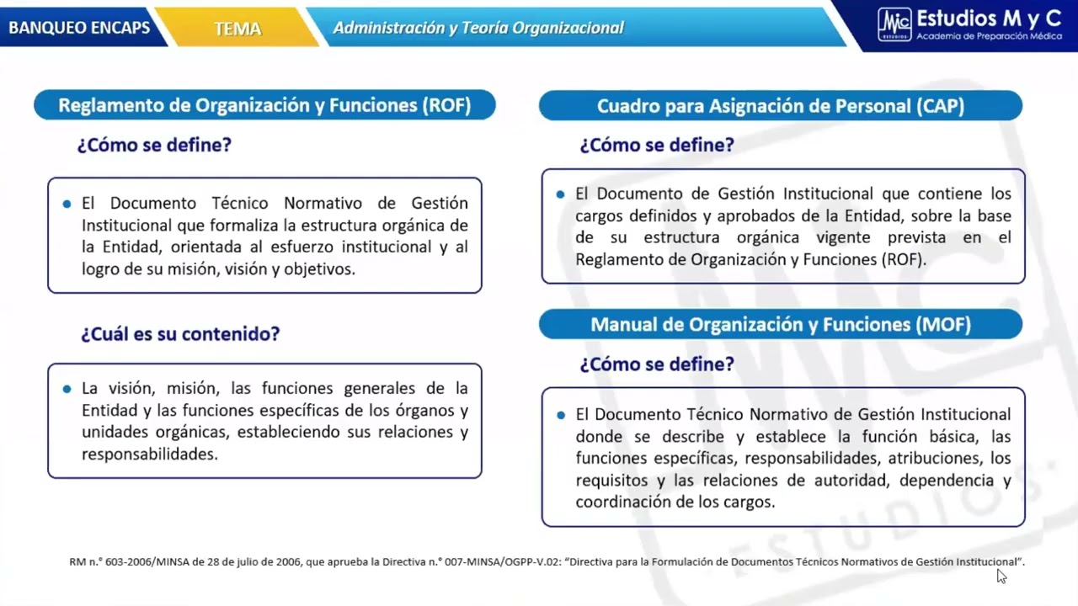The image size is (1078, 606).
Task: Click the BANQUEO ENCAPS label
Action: coord(79,28)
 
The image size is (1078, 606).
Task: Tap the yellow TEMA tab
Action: coord(237,29)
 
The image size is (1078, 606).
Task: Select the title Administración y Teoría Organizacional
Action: coord(478,28)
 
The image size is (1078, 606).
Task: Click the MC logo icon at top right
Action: coord(894,24)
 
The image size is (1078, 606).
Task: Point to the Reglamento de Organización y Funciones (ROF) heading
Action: coord(264,105)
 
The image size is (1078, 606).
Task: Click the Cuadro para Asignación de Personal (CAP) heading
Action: coord(780,106)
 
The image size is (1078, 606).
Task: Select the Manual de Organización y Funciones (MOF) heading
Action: coord(780,324)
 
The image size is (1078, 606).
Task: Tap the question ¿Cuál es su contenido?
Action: coord(180,333)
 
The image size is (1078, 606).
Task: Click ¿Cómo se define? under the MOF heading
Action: coord(657,364)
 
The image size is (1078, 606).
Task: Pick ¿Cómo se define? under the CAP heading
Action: coord(657,145)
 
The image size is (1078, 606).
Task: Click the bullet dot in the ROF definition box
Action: coord(67,204)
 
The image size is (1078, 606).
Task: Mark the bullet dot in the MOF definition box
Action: coord(561,415)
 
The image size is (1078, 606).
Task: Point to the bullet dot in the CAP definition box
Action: coord(561,194)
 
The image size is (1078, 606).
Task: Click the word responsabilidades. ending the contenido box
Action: coord(150,454)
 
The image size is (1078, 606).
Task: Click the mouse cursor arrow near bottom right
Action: coord(1001,576)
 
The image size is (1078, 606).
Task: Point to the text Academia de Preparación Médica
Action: coord(989,36)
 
